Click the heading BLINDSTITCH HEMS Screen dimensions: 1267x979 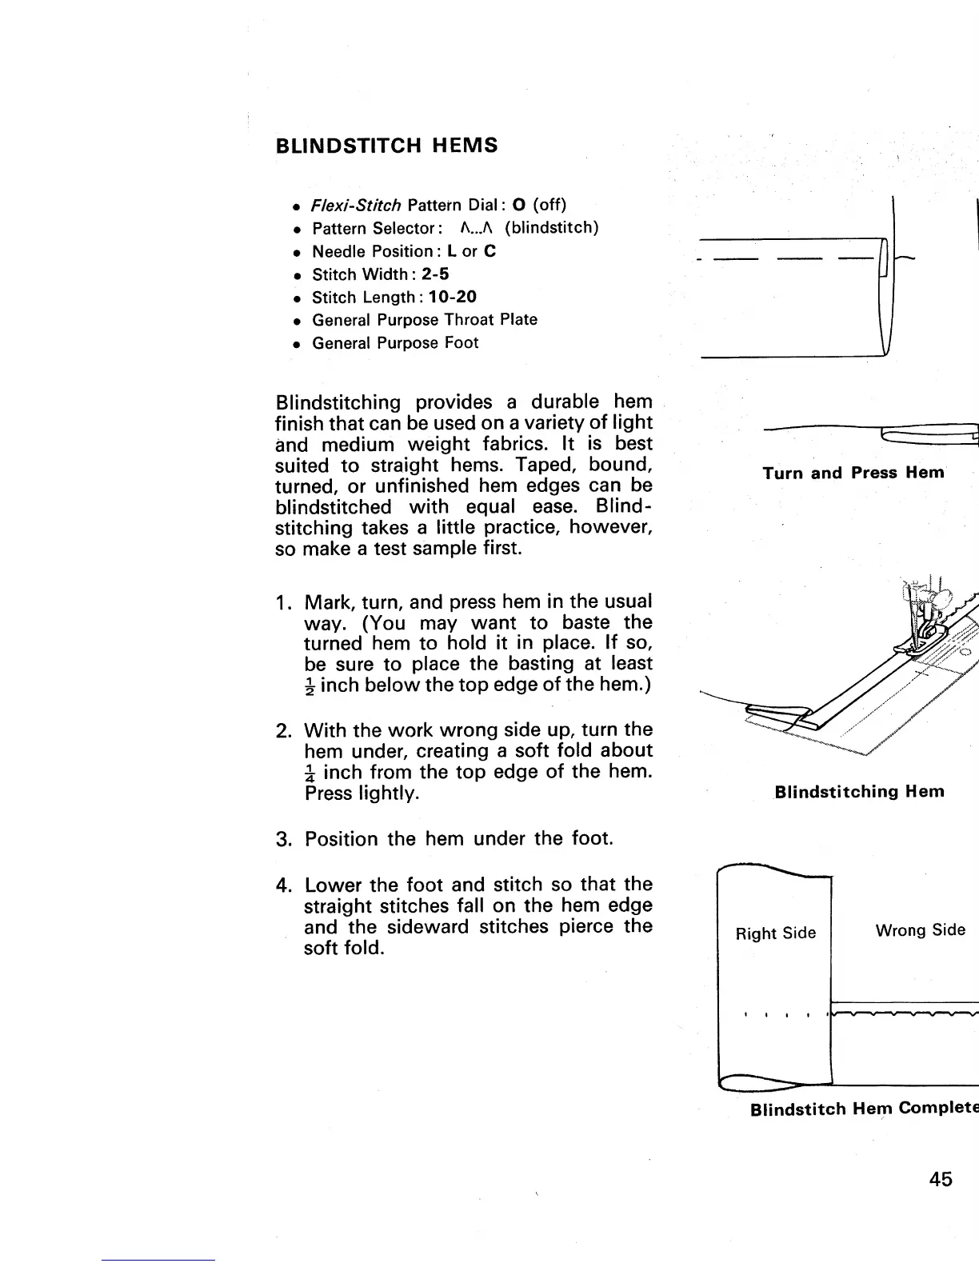pos(386,146)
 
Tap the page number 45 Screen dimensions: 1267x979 pos(941,1179)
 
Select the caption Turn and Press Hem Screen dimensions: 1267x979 pos(853,473)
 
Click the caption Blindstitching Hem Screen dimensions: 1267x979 pos(859,792)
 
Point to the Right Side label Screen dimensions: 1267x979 pos(776,933)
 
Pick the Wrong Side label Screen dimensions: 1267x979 pos(920,930)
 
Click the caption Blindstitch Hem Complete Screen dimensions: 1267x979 pos(864,1109)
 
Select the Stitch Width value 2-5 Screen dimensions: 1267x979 pos(435,274)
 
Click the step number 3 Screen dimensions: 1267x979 pos(282,839)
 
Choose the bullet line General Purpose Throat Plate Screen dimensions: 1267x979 pos(425,320)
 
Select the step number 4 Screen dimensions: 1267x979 pos(282,885)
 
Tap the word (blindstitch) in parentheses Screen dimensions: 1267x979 pos(551,228)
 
